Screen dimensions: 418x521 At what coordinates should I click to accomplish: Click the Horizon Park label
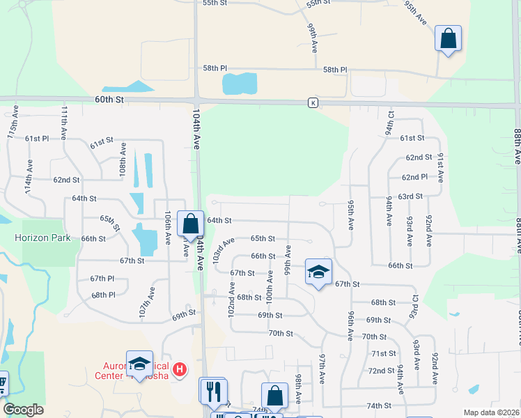click(42, 238)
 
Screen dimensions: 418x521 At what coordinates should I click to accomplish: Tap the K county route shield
click(313, 103)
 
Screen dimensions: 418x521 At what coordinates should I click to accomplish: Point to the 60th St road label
click(109, 100)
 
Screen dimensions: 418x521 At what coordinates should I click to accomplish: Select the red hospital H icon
click(180, 369)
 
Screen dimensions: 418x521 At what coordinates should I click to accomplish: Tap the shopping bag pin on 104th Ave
click(190, 223)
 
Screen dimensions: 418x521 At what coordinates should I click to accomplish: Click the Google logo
click(23, 410)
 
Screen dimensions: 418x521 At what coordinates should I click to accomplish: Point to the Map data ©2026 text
click(491, 412)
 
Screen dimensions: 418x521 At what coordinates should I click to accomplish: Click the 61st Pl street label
click(37, 139)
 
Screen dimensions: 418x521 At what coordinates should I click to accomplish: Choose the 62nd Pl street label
click(414, 177)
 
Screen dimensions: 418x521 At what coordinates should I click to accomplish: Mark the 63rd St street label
click(410, 196)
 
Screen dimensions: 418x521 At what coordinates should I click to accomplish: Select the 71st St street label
click(383, 353)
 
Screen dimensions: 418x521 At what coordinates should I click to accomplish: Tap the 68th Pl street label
click(102, 295)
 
